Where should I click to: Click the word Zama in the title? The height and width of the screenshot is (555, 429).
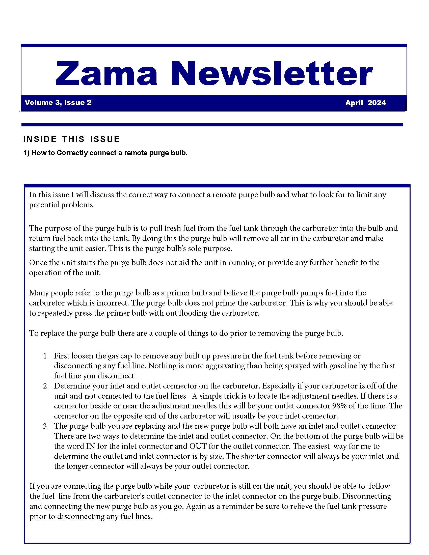coord(106,73)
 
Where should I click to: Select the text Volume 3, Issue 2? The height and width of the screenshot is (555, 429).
coord(58,103)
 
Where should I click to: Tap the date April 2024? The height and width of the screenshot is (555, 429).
coord(365,103)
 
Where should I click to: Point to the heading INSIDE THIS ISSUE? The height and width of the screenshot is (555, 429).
coord(71,139)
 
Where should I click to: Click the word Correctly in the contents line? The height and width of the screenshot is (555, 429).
coord(72,153)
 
